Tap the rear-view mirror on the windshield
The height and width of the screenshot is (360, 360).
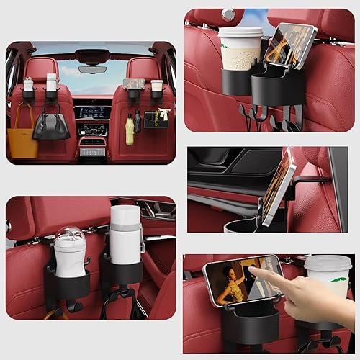(91, 71)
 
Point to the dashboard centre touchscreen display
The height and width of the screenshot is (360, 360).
(91, 113)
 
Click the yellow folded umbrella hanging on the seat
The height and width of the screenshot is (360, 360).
(130, 131)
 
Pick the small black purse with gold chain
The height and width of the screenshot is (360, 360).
(156, 120)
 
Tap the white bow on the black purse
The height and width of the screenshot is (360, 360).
(163, 112)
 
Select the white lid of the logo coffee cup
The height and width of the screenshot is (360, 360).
(240, 32)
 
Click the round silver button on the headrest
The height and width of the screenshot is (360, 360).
(229, 14)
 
